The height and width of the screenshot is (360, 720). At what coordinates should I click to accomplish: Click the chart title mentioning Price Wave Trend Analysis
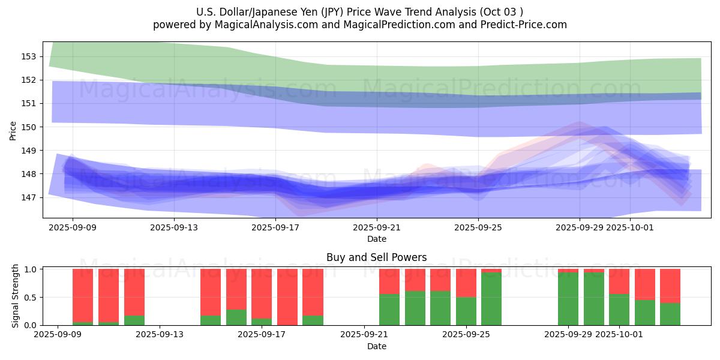[360, 12]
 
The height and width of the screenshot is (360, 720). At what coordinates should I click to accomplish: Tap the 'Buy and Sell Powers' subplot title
[376, 257]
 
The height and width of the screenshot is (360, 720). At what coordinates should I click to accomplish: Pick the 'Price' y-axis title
[13, 130]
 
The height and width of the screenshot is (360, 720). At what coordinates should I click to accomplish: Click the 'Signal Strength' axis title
[16, 296]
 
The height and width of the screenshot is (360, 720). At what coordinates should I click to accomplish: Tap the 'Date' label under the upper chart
[376, 239]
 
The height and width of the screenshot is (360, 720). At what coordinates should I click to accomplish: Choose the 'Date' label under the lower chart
[376, 346]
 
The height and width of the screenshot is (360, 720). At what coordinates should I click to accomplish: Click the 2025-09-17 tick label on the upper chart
[275, 227]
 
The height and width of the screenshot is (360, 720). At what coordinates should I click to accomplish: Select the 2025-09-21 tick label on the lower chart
[364, 335]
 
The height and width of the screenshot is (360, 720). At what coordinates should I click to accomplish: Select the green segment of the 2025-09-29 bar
[568, 299]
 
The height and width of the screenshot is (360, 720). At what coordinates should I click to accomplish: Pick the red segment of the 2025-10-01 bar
[619, 281]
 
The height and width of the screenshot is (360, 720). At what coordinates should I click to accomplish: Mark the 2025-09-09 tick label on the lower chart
[58, 335]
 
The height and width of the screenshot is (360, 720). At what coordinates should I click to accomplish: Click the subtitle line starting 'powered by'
[360, 25]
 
